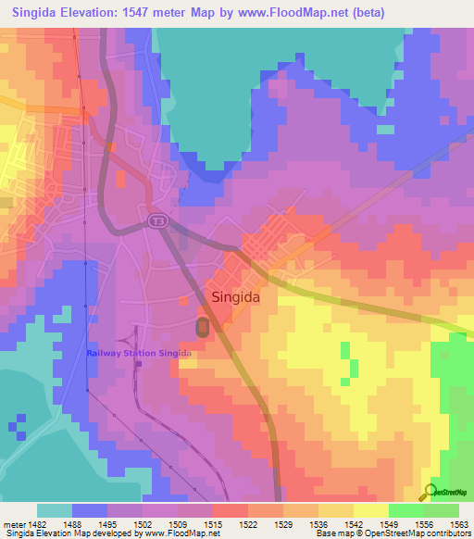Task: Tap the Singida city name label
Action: point(242,298)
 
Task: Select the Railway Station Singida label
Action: point(139,353)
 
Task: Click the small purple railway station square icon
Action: point(138,363)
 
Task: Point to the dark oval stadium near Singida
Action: point(203,327)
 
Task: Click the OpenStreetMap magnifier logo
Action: point(430,492)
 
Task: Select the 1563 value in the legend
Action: point(459,523)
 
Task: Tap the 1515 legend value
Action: point(214,523)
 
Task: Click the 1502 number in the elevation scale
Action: point(144,523)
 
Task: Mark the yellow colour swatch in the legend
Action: point(370,510)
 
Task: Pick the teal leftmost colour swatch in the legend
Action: point(54,510)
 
